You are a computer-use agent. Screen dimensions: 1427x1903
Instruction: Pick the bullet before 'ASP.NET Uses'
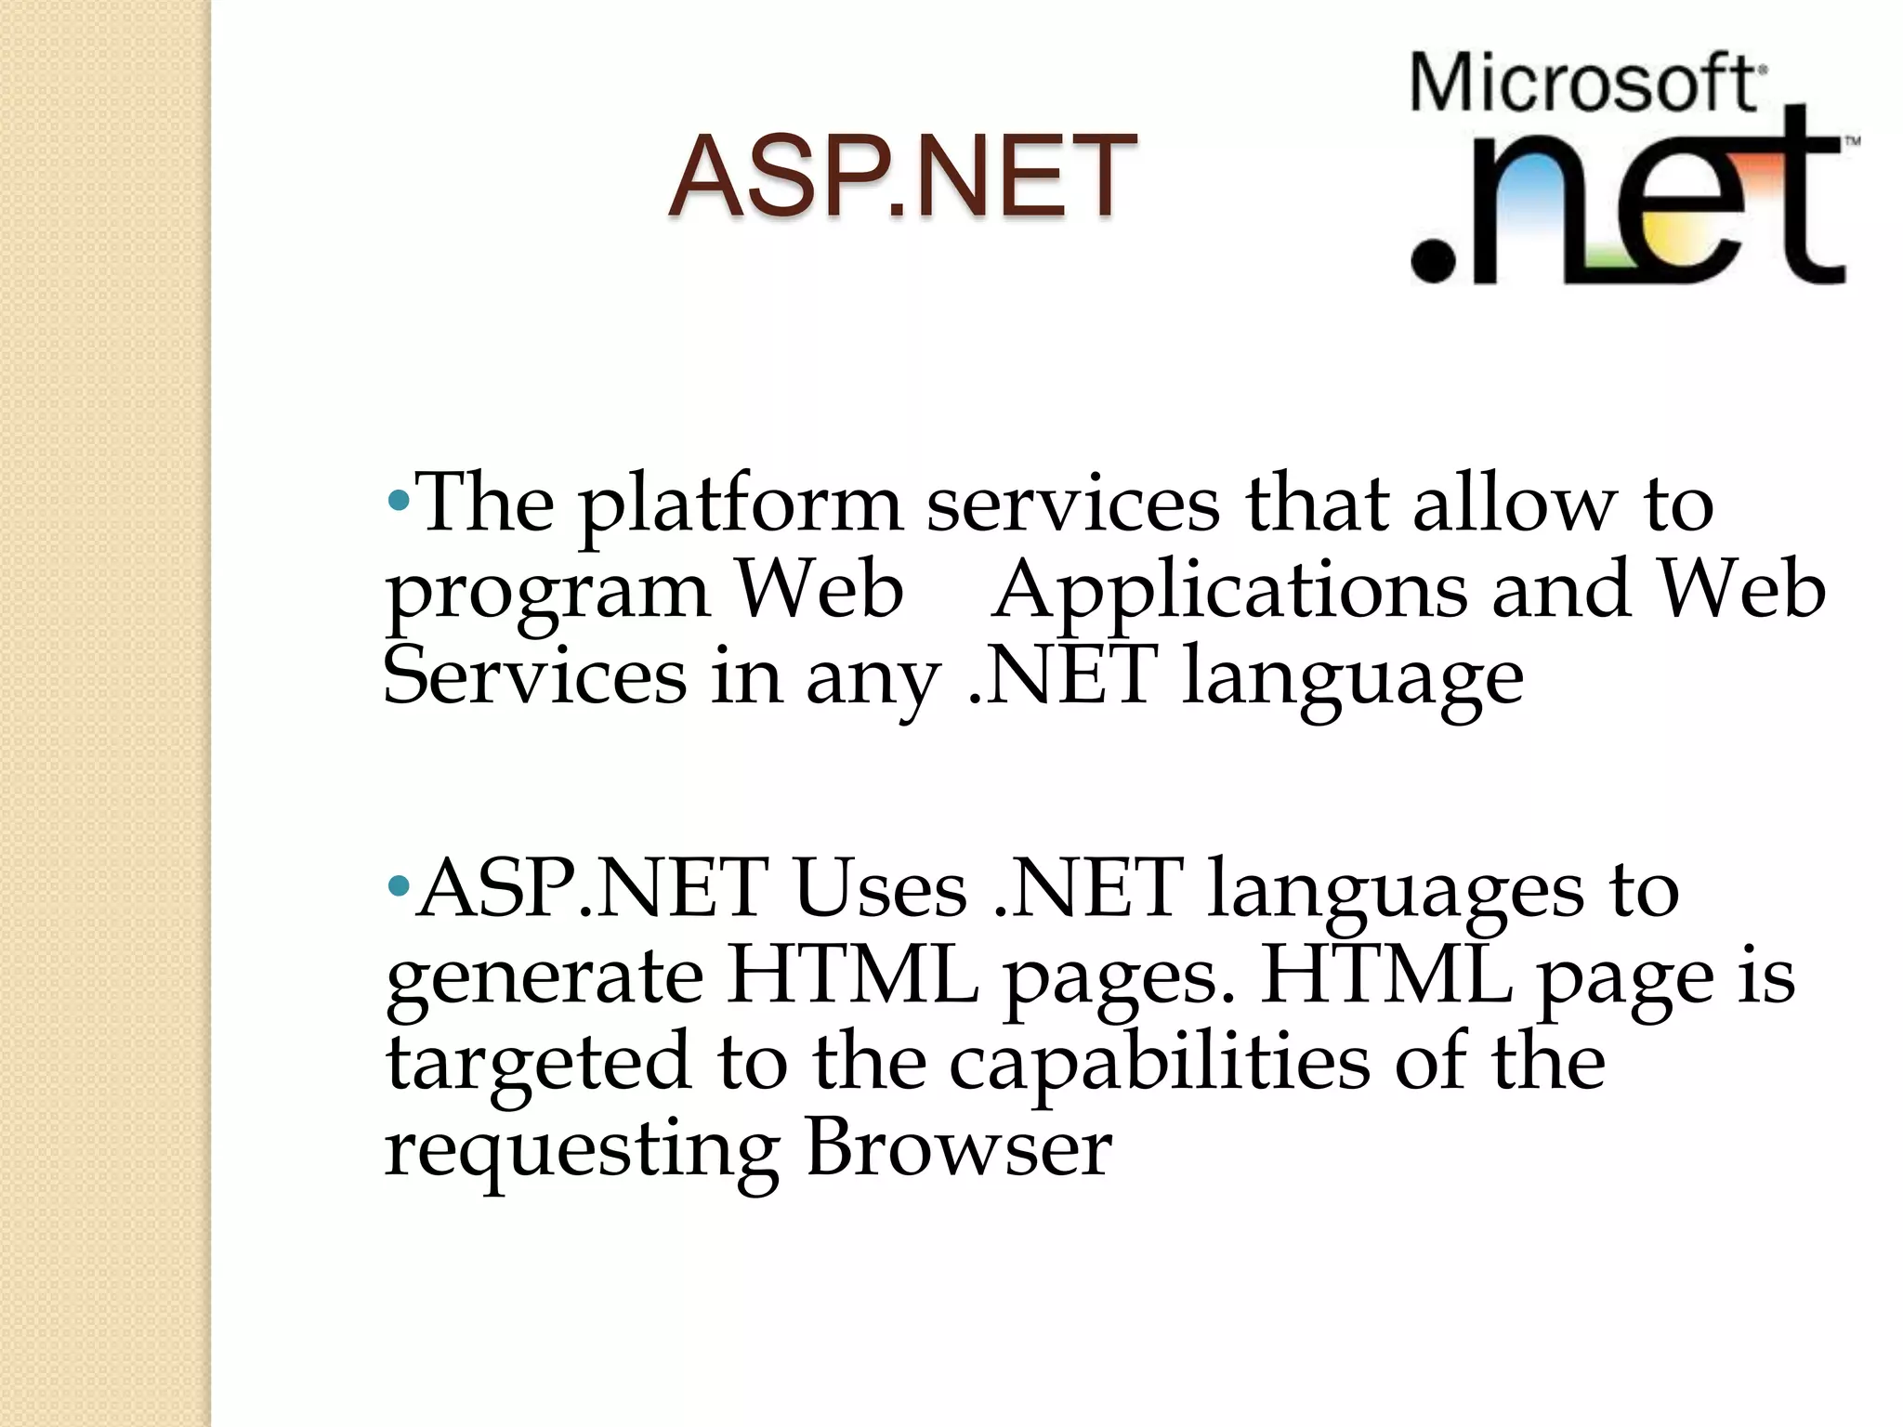point(398,886)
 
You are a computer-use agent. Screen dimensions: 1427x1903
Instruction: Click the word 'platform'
point(740,507)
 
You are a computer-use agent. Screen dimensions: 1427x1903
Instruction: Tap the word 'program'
point(548,595)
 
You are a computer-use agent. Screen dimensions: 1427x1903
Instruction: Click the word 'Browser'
point(958,1146)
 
